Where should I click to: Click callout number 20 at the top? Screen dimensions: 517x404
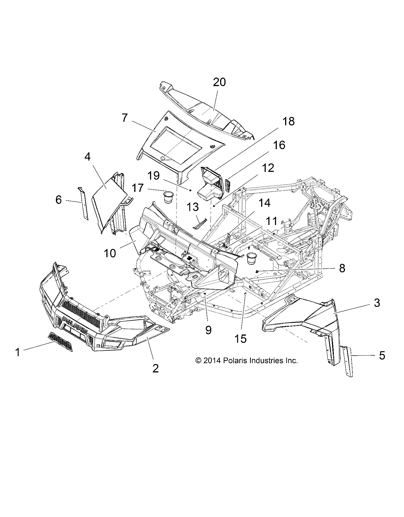[219, 82]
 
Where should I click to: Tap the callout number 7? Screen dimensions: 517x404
[125, 118]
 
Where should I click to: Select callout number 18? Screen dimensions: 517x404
[288, 121]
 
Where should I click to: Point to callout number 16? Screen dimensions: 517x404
[279, 145]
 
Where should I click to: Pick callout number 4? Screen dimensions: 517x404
[87, 157]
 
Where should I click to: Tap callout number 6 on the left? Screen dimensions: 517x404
[58, 200]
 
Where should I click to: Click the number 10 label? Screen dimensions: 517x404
[110, 253]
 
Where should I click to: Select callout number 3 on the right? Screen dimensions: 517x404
[377, 303]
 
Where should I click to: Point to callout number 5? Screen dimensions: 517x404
[382, 355]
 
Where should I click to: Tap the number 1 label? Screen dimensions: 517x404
[18, 352]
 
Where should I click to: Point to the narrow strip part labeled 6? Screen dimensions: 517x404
[83, 202]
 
